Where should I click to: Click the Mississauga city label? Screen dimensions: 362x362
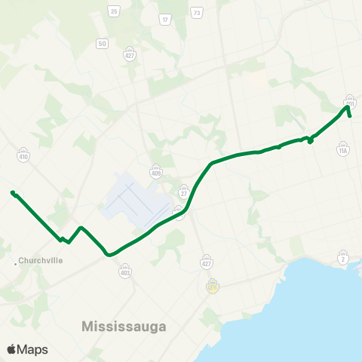[124, 327]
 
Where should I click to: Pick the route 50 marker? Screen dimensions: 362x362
[101, 44]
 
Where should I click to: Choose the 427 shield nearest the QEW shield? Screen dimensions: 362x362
[207, 263]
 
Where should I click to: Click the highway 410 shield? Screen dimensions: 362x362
[23, 157]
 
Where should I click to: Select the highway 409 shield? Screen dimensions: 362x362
[155, 171]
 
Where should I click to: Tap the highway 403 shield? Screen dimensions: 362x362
[125, 271]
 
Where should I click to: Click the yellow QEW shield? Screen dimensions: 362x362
[213, 286]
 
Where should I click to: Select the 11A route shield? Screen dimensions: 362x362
[343, 151]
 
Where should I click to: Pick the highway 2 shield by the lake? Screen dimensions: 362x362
[343, 259]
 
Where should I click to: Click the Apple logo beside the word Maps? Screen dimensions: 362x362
[12, 349]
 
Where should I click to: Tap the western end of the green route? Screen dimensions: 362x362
[13, 192]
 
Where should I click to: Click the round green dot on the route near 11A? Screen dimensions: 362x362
[311, 140]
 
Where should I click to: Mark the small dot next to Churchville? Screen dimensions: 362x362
[17, 263]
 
